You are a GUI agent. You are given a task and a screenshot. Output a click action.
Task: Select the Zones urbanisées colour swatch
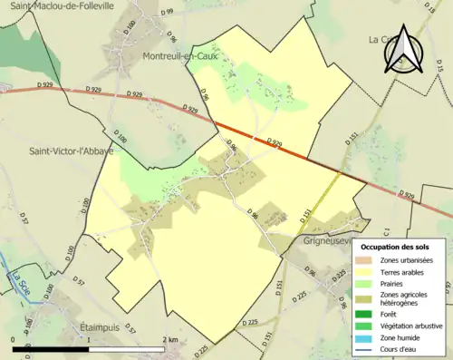click(x=363, y=260)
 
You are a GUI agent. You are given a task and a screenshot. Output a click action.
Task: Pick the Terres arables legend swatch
click(x=363, y=272)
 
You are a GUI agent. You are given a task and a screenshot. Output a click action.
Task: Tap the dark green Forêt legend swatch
click(x=363, y=314)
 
